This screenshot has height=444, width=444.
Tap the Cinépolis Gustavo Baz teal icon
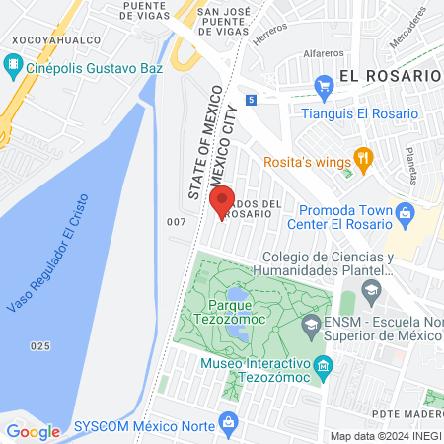pos(13,66)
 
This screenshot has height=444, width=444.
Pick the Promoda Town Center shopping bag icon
pos(404,210)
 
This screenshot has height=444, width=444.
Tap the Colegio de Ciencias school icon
pos(371,289)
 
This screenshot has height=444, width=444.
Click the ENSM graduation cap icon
pos(310,325)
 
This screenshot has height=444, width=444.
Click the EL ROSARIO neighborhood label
pos(388,75)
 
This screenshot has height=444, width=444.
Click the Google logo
pos(33,431)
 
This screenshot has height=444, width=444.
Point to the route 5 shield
pos(253,99)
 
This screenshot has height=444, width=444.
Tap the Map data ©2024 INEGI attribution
pos(384,436)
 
